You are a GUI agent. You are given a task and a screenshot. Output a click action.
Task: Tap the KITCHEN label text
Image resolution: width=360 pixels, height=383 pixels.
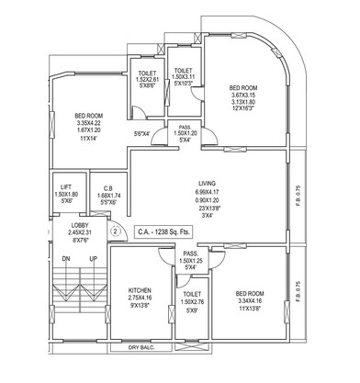(141, 290)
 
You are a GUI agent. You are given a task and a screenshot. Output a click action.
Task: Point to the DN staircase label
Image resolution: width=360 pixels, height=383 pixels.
(65, 260)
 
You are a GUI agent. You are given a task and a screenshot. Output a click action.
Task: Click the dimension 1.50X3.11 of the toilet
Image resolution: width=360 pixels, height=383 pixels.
(184, 77)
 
